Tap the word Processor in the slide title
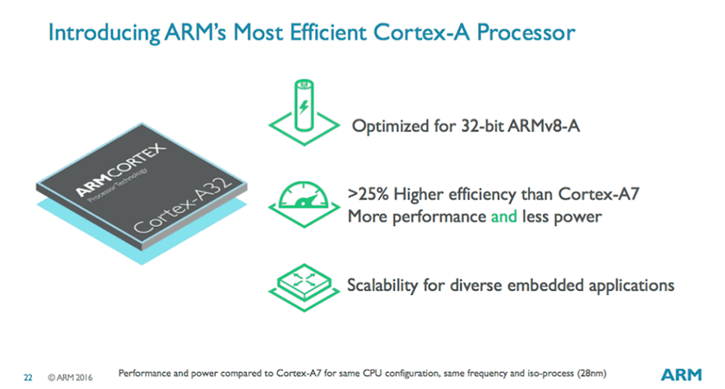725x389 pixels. pos(526,32)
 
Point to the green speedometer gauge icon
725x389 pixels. pos(304,204)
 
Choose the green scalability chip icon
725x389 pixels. pos(304,287)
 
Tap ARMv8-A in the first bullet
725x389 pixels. pos(543,126)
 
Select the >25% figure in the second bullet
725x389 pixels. pos(368,194)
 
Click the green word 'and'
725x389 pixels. pos(503,216)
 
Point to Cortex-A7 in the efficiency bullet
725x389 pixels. pos(599,194)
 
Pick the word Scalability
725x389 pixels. pos(382,285)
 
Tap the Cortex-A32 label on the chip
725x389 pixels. pos(183,204)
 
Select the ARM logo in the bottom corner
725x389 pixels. pos(681,374)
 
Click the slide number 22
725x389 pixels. pos(28,378)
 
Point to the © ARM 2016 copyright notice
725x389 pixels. pos(70,378)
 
